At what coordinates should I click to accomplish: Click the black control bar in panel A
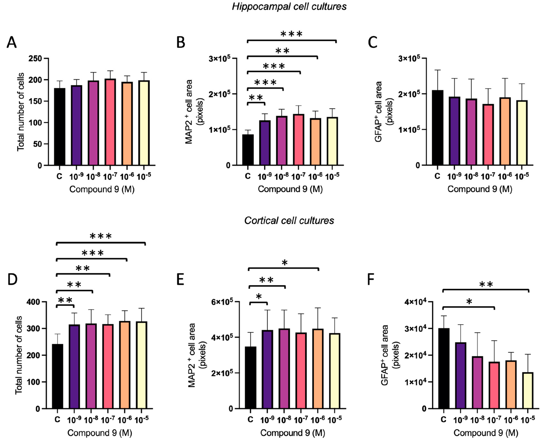[x=60, y=127]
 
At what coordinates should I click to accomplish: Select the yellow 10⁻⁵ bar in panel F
[x=527, y=390]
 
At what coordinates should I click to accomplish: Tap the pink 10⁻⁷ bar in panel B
[x=298, y=140]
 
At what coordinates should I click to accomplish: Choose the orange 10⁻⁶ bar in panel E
[x=318, y=369]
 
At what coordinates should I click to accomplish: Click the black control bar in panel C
[x=438, y=128]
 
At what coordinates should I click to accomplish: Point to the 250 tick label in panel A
[x=35, y=58]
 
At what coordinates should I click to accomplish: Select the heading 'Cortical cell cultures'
[x=289, y=220]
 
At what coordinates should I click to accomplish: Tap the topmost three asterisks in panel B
[x=291, y=34]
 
